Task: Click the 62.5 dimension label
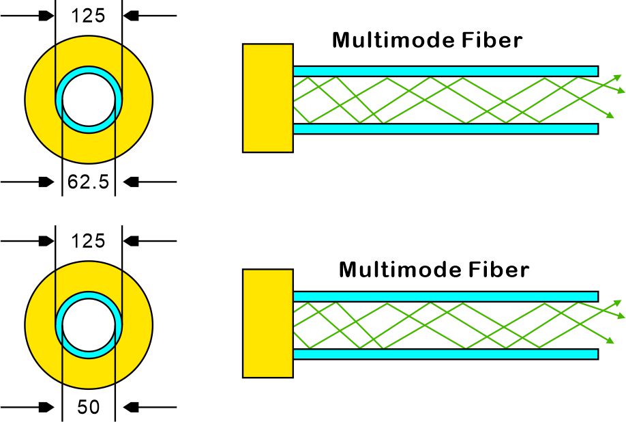(x=89, y=182)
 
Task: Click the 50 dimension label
(x=89, y=408)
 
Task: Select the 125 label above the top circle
(x=89, y=15)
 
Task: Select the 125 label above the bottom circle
(x=89, y=240)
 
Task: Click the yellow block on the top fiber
(x=268, y=98)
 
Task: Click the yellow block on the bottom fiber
(x=268, y=323)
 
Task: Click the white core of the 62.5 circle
(x=89, y=100)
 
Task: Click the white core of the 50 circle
(x=89, y=324)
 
